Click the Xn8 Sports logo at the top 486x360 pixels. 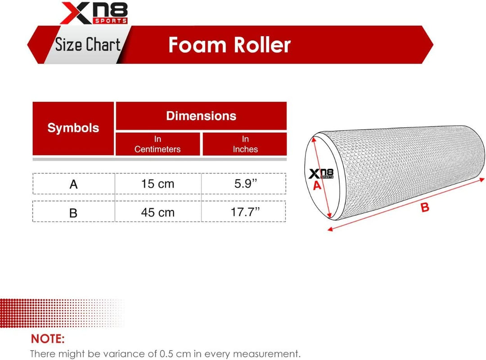click(x=94, y=13)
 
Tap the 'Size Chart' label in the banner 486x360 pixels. click(x=88, y=45)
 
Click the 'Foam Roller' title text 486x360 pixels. click(x=229, y=45)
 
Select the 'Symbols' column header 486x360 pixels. click(x=73, y=128)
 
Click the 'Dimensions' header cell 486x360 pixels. click(x=201, y=116)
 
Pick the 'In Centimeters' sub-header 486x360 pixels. click(x=157, y=144)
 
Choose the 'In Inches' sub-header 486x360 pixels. click(x=245, y=144)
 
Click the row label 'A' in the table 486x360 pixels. click(x=74, y=184)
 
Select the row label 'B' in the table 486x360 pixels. click(x=73, y=213)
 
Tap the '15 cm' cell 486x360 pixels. click(x=157, y=184)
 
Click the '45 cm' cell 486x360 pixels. click(x=157, y=212)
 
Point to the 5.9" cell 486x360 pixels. click(x=245, y=184)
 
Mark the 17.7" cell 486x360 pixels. click(x=245, y=212)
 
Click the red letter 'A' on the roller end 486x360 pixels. click(x=317, y=185)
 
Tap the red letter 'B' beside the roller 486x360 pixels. click(x=425, y=207)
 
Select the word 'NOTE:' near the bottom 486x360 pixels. click(x=48, y=338)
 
